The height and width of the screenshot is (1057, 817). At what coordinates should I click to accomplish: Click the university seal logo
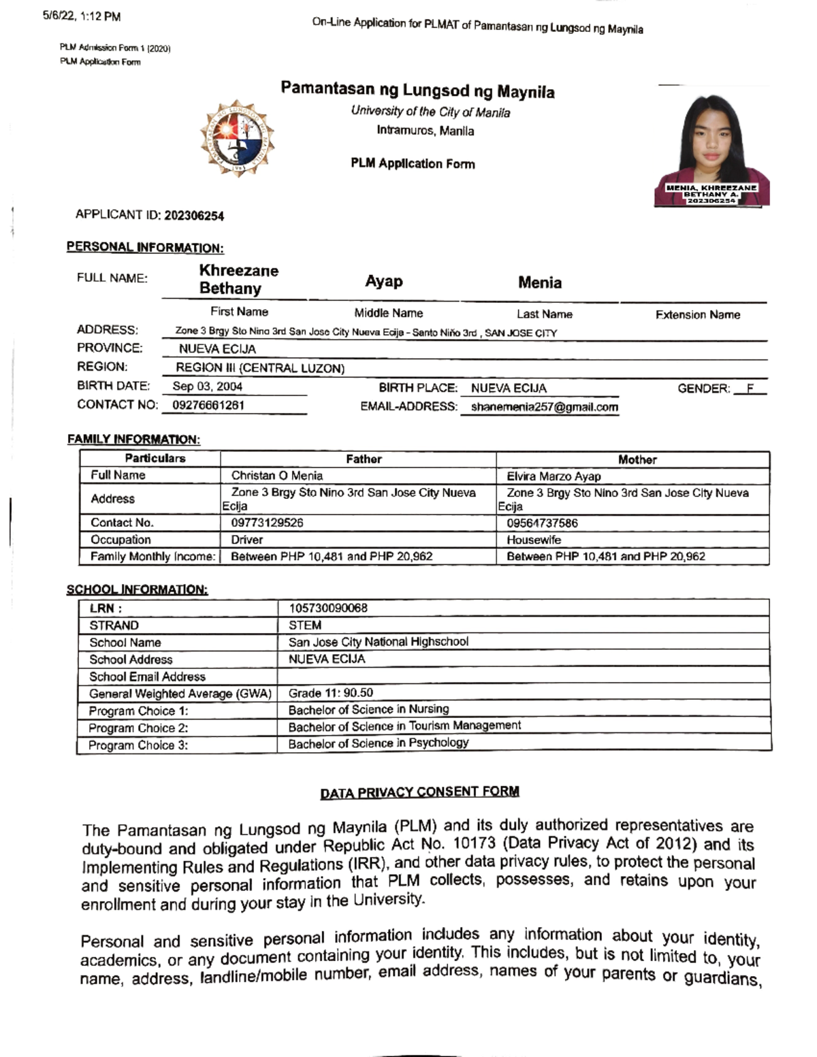[238, 139]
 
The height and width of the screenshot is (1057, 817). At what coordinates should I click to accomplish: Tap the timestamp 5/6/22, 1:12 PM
[82, 16]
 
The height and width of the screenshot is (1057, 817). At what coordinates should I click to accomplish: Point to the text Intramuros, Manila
[426, 131]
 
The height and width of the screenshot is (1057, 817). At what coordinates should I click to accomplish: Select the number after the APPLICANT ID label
[194, 216]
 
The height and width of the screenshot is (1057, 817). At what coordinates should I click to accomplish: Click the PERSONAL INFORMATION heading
[145, 248]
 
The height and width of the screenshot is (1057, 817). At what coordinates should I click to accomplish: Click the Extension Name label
[697, 314]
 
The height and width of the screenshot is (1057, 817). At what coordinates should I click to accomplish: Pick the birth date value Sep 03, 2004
[208, 387]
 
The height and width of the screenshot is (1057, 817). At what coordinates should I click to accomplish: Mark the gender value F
[750, 389]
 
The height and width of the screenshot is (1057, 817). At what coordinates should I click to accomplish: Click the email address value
[544, 407]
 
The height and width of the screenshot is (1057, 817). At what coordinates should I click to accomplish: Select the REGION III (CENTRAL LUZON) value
[260, 368]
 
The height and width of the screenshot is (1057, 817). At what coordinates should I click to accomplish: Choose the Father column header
[364, 459]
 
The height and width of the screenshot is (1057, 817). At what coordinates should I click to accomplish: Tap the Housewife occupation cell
[534, 540]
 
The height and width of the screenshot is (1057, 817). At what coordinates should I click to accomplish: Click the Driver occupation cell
[246, 540]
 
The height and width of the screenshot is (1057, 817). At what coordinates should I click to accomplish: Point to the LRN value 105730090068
[328, 608]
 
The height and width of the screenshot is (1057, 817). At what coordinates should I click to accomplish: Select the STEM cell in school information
[305, 625]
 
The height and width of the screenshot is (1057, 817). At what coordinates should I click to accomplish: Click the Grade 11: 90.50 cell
[331, 693]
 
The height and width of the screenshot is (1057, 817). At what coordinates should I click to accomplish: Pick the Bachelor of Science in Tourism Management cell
[404, 726]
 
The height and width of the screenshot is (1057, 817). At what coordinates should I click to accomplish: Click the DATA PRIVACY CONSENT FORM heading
[419, 792]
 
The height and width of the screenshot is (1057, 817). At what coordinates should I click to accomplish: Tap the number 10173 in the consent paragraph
[475, 844]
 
